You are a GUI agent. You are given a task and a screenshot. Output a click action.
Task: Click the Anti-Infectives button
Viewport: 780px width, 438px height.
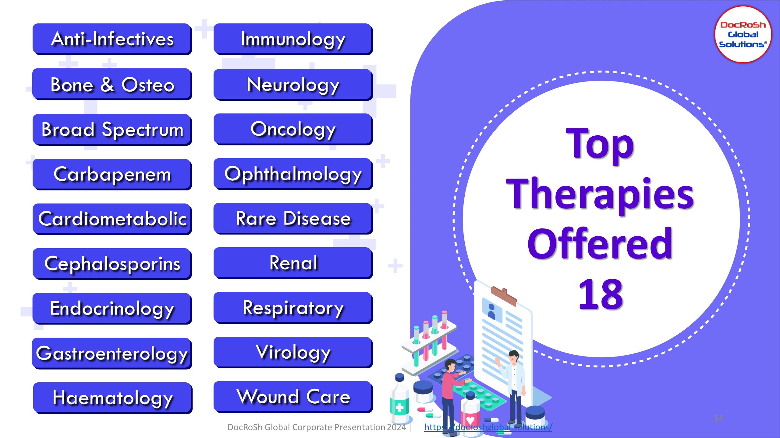tap(112, 39)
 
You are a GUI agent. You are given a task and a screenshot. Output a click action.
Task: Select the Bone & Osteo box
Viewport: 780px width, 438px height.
tap(112, 84)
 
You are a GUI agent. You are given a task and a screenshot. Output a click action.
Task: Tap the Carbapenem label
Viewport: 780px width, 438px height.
tap(112, 174)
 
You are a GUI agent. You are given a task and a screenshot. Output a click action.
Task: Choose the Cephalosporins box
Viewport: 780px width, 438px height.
tap(112, 264)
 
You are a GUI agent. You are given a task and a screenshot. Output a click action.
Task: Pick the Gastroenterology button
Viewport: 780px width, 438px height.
tap(112, 353)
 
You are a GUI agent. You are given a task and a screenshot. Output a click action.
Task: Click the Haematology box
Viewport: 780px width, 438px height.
tap(113, 398)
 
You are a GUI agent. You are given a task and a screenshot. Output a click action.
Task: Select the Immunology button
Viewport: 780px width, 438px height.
tap(293, 39)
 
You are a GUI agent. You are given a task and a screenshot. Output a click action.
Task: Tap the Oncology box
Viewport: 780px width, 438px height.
tap(293, 129)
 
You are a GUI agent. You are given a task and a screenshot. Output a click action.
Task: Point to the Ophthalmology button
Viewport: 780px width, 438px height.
tap(293, 174)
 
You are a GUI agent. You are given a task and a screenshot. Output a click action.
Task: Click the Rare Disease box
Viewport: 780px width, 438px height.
tap(293, 218)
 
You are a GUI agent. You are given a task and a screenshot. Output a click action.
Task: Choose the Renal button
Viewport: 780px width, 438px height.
tap(293, 263)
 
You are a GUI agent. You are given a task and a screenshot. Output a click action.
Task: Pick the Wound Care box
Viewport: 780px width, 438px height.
tap(293, 397)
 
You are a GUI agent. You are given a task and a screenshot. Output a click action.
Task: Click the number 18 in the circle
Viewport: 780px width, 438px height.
tap(601, 294)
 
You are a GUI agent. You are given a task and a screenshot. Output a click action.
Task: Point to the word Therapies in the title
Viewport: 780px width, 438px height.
tap(600, 195)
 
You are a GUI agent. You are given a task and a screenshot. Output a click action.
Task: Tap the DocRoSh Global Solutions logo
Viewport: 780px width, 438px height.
tap(743, 34)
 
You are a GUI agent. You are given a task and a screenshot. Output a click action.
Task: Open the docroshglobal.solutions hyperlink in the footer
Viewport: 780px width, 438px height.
tap(488, 427)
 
